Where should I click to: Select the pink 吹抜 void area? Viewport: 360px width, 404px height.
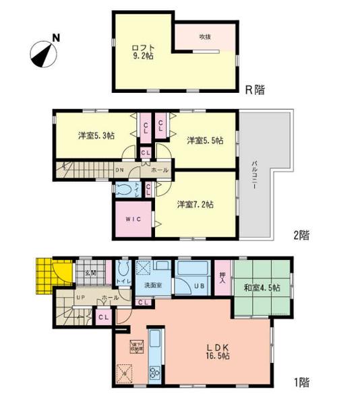[205, 36]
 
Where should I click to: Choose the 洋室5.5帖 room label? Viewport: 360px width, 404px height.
[204, 140]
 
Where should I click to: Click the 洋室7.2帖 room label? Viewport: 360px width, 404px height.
[196, 203]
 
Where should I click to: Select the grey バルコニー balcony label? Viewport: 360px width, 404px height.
[254, 175]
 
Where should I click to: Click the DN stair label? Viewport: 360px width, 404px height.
[120, 171]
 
